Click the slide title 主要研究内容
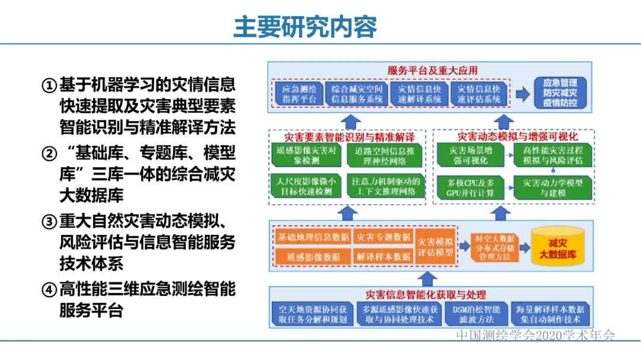304,27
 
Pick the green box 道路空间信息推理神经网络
385,155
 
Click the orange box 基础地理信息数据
313,237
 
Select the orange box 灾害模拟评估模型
436,247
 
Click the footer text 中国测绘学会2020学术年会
535,336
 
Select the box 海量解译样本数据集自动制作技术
550,314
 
